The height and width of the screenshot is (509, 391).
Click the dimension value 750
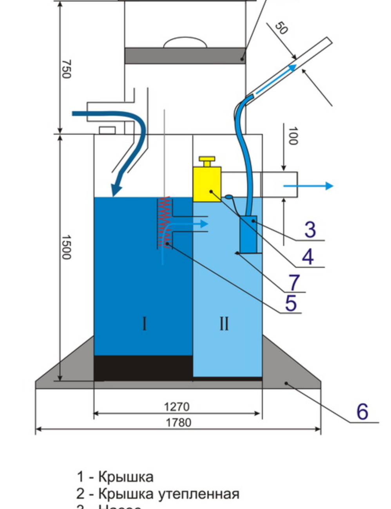66,69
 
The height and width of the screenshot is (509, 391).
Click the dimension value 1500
66,247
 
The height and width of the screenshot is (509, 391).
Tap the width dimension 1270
177,407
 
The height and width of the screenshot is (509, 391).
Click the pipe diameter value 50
281,28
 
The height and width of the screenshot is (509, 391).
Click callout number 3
310,229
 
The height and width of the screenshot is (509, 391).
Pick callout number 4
308,257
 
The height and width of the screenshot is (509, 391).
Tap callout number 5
290,303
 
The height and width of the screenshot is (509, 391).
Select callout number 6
362,411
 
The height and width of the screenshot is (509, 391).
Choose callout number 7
294,282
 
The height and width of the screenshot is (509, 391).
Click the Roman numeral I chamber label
144,324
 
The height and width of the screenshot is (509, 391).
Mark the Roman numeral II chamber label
224,324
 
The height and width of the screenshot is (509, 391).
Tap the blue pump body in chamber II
248,234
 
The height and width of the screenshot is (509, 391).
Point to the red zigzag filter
164,222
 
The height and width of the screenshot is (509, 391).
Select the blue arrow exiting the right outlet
308,186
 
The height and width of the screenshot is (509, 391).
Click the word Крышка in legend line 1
125,477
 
